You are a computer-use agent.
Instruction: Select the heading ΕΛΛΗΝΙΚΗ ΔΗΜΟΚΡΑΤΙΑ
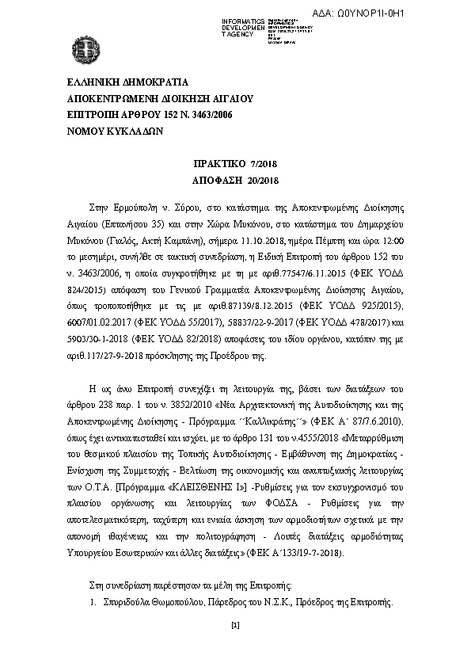click(127, 82)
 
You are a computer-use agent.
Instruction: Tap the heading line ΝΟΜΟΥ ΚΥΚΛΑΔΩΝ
click(115, 132)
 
